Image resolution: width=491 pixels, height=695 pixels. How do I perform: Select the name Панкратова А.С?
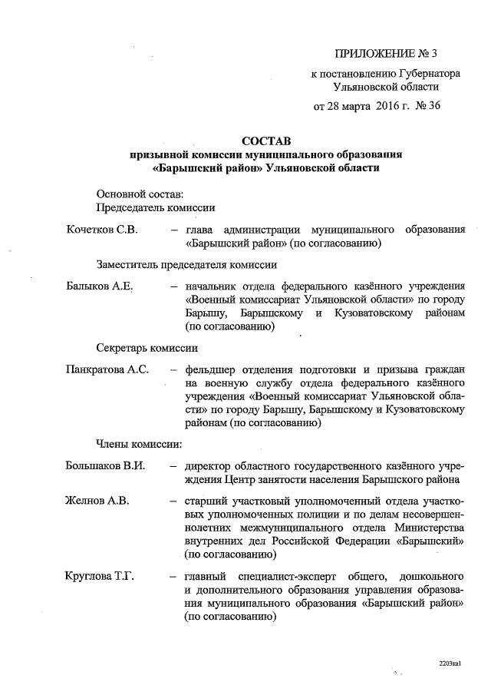coord(107,369)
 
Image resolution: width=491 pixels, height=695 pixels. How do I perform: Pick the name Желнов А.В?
coord(97,501)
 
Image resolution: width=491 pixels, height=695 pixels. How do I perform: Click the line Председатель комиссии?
coord(155,207)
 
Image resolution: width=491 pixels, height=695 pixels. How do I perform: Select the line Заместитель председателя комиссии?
coord(186,265)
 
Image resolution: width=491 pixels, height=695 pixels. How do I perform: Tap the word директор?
coord(209,465)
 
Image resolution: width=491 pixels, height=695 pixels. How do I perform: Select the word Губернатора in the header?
coord(427,75)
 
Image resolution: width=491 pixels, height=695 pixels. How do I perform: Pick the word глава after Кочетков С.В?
coord(199,230)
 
